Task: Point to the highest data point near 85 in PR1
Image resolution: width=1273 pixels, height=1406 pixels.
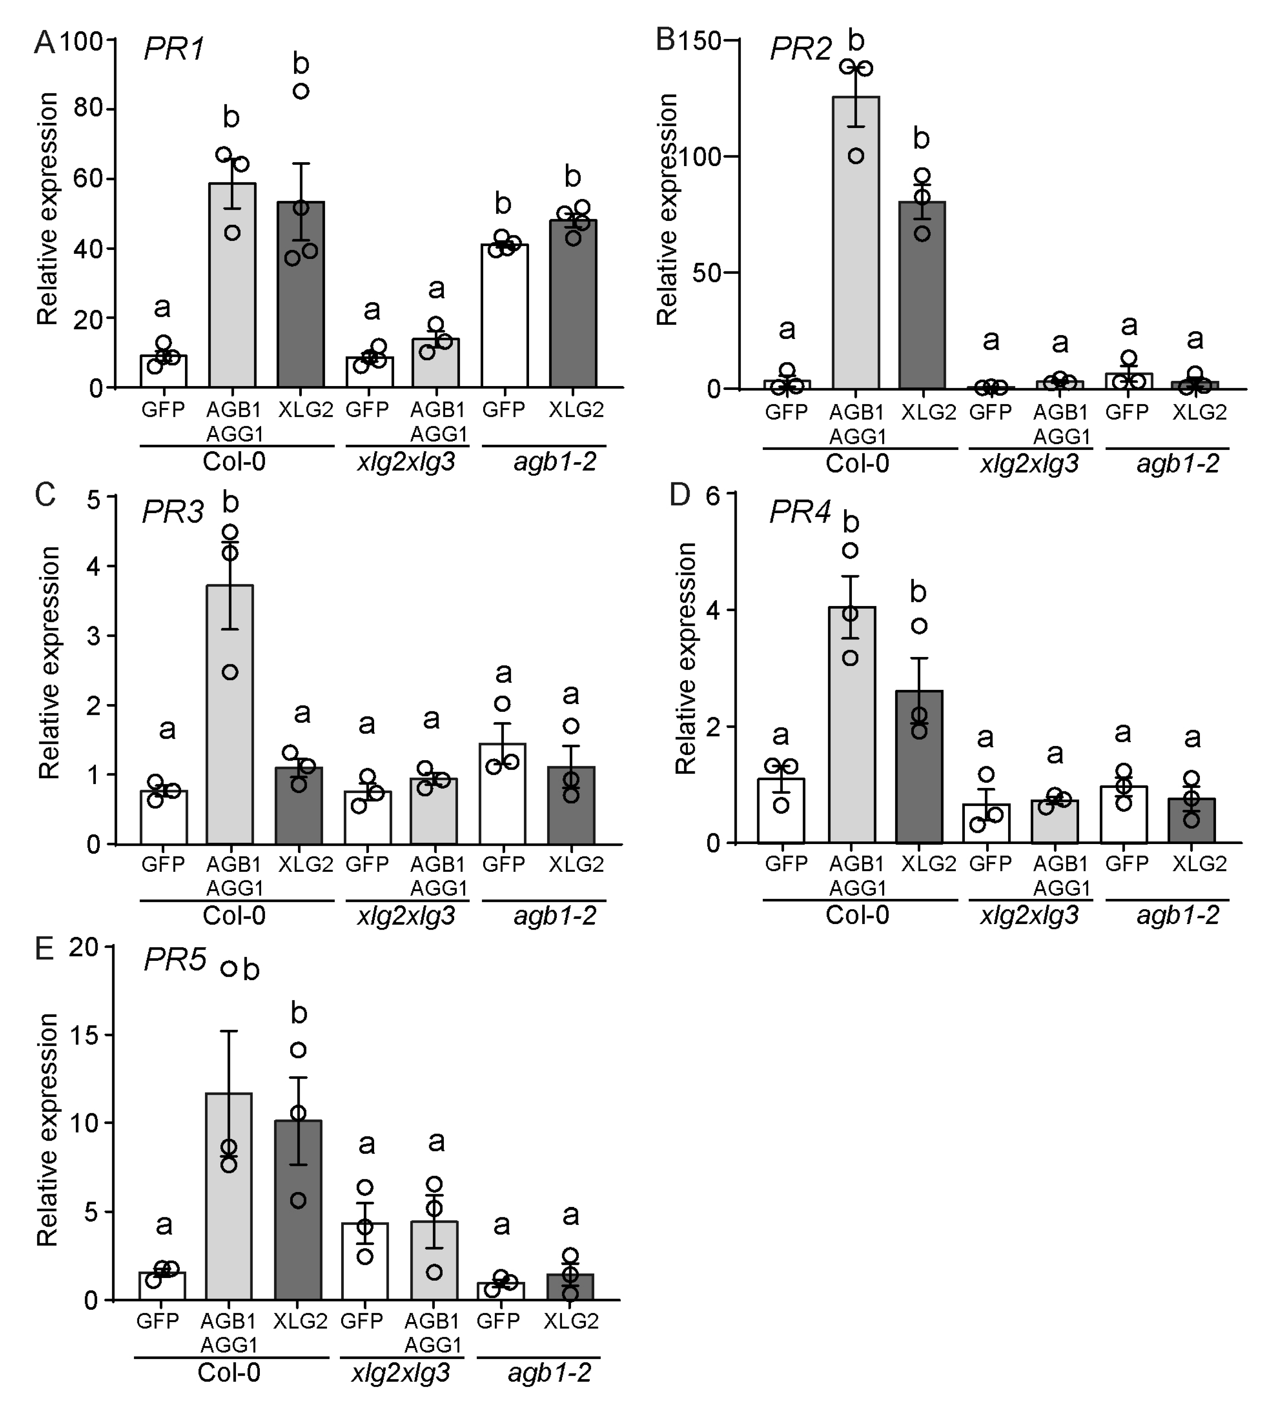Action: (x=300, y=91)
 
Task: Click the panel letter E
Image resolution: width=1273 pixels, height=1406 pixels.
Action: (x=44, y=950)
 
